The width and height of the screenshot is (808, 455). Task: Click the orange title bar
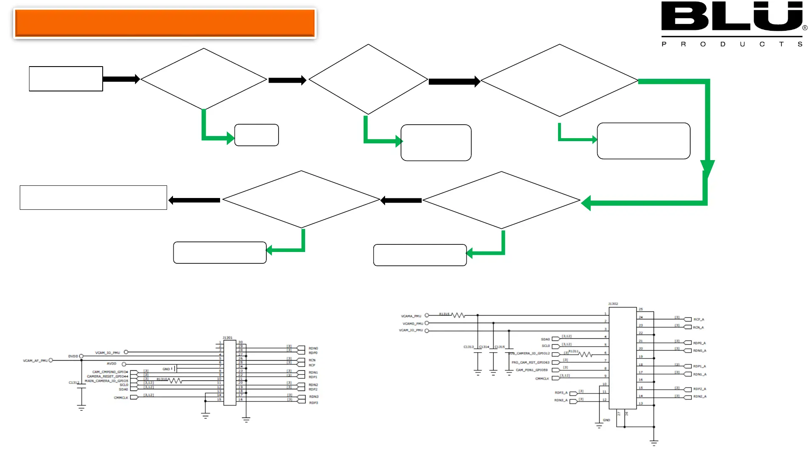[165, 23]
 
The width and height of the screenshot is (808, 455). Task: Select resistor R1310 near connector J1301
[175, 380]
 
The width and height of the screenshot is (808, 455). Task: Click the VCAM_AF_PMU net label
[35, 361]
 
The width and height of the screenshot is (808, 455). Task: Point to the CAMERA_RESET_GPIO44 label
[107, 376]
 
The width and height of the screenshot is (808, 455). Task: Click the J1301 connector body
[230, 373]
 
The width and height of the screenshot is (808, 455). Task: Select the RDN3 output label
[314, 397]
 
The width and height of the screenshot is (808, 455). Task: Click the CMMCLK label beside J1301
[121, 398]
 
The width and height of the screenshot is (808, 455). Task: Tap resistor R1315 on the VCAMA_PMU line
[458, 315]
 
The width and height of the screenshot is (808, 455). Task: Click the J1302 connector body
[622, 358]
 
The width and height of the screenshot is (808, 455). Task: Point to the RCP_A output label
[699, 319]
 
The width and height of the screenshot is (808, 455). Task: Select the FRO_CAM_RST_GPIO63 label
[530, 362]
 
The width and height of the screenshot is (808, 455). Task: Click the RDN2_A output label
[700, 396]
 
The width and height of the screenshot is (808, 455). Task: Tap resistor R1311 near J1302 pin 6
[585, 354]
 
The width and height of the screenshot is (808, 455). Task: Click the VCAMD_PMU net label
[412, 324]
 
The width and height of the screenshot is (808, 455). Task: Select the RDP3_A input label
[561, 393]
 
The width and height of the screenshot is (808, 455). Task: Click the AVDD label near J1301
[112, 364]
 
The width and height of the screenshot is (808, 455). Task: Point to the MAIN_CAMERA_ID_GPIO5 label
[106, 381]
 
